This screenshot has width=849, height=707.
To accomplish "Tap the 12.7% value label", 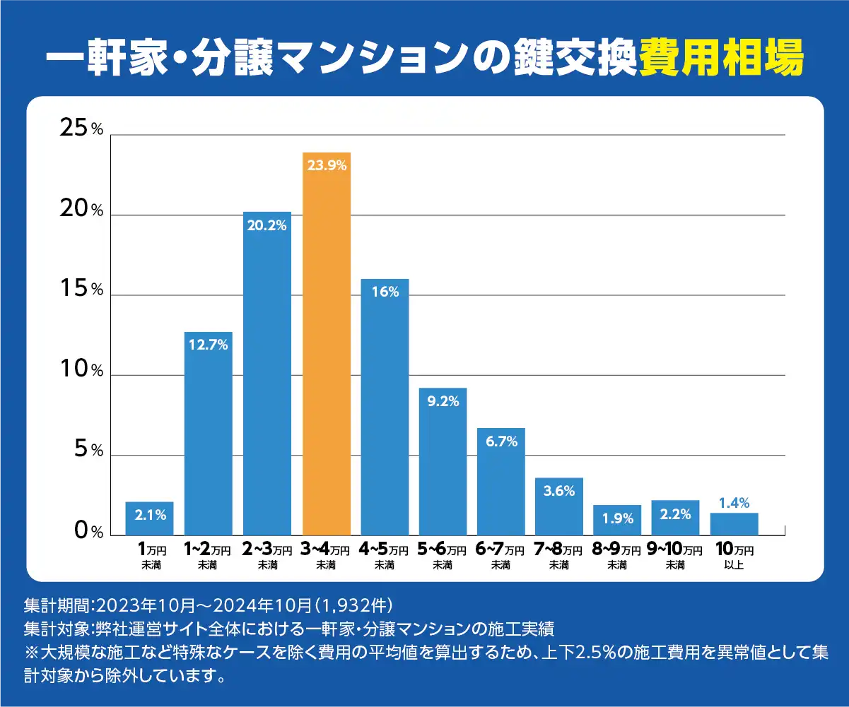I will click(x=209, y=345).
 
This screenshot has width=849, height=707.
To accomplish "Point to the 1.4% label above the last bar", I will click(x=734, y=503).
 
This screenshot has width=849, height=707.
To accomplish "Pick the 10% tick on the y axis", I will click(x=82, y=369).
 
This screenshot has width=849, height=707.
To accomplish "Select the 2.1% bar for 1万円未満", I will click(x=150, y=518).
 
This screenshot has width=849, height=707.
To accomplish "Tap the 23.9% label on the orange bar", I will click(x=326, y=166).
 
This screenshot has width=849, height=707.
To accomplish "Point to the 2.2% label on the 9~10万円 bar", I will click(x=675, y=514).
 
